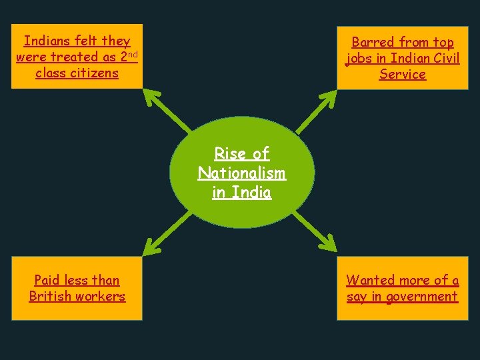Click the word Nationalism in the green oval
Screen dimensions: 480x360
pyautogui.click(x=241, y=173)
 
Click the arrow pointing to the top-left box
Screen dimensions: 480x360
pyautogui.click(x=167, y=110)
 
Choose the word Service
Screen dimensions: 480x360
pyautogui.click(x=403, y=74)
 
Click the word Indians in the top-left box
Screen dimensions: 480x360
pyautogui.click(x=48, y=41)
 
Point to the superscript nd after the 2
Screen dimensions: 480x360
pyautogui.click(x=133, y=54)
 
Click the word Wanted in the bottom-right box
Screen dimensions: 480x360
pyautogui.click(x=370, y=280)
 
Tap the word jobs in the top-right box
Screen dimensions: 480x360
pyautogui.click(x=359, y=59)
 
